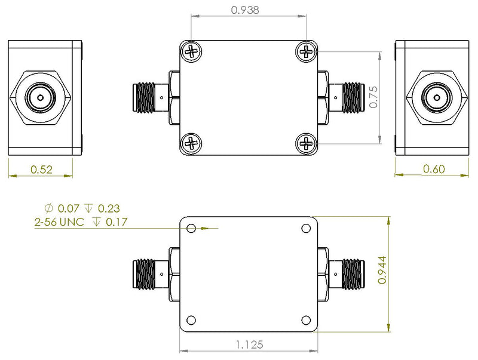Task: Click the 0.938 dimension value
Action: (245, 10)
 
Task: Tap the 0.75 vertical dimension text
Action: (374, 97)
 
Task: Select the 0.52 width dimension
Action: (41, 170)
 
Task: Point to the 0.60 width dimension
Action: (434, 169)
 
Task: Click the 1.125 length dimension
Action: (249, 344)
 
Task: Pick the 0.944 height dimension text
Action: (382, 270)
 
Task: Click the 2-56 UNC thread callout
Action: (59, 221)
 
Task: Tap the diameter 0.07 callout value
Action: (69, 208)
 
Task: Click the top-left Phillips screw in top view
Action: (191, 51)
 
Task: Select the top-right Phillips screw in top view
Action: (307, 51)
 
